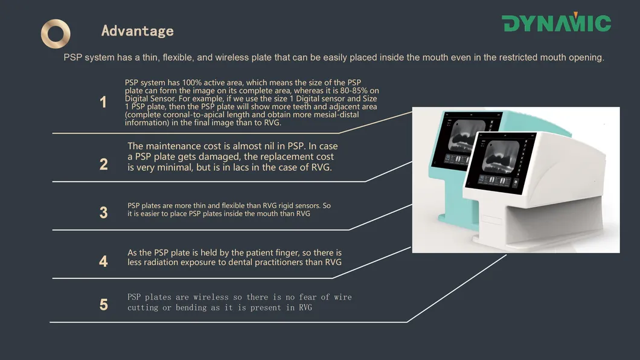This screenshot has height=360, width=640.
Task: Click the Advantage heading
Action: (137, 31)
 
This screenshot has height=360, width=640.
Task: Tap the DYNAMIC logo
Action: (556, 23)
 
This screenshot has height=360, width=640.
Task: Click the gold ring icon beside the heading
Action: (56, 34)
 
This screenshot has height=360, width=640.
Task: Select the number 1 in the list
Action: (103, 103)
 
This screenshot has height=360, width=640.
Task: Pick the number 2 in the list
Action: (103, 164)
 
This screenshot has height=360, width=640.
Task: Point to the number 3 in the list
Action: (103, 213)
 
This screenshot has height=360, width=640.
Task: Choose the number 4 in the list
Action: (103, 262)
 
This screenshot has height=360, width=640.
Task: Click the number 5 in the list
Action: (103, 305)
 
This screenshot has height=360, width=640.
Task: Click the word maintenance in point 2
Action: (175, 146)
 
